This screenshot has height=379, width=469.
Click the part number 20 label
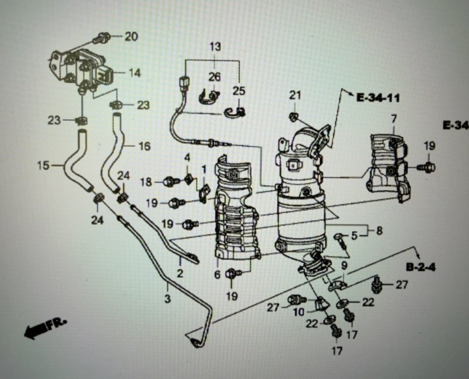[x=131, y=36]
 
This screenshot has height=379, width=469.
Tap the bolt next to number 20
[x=101, y=39]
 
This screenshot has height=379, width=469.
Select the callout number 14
[x=134, y=73]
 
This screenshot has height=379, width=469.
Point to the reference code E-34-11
[x=378, y=97]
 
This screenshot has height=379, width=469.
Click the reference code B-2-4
[x=421, y=267]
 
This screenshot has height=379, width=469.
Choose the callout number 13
[x=215, y=46]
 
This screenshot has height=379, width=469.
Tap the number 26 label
[x=215, y=77]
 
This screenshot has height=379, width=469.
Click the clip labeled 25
[x=235, y=112]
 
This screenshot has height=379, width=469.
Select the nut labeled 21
[x=294, y=117]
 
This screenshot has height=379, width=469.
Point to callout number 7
[x=393, y=119]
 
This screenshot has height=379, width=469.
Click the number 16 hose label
[x=144, y=146]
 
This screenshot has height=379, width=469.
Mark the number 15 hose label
[x=43, y=165]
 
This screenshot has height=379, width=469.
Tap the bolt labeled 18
[x=172, y=181]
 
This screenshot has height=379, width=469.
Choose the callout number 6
[x=217, y=274]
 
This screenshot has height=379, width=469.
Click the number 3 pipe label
[x=168, y=298]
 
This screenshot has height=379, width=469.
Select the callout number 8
[x=379, y=231]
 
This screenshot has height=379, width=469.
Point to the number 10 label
[x=298, y=312]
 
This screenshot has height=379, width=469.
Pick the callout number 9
[x=344, y=265]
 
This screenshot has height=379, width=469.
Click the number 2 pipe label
[x=179, y=273]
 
